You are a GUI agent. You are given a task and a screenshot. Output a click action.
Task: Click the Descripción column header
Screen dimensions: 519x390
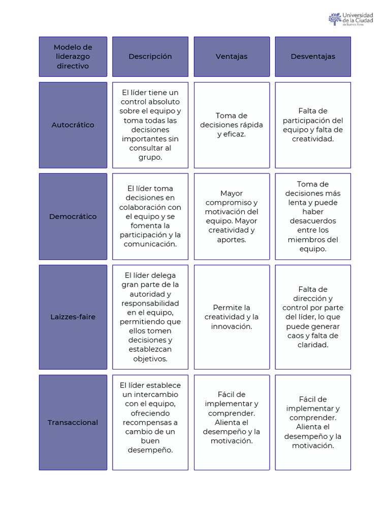pos(150,56)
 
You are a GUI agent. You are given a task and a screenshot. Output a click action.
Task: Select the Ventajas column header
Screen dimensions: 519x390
pos(232,56)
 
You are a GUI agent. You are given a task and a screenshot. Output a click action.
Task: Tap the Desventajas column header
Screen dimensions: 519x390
pos(313,56)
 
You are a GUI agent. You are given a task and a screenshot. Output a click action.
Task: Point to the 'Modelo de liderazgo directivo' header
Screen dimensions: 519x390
pos(73,56)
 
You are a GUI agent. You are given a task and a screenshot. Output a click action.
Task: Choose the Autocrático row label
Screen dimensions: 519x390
pos(73,125)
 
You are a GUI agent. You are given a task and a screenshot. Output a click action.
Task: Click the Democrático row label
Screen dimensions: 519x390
pos(73,216)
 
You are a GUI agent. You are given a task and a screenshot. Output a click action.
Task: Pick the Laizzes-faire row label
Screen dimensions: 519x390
pos(73,317)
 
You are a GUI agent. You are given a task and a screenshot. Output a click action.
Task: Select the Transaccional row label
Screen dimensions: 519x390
pos(73,422)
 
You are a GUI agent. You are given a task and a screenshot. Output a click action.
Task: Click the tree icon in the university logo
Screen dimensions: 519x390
pos(335,19)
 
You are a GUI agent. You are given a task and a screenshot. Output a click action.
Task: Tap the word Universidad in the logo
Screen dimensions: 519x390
pos(358,15)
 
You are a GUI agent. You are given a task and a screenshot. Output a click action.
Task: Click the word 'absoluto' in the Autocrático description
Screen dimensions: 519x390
pos(164,101)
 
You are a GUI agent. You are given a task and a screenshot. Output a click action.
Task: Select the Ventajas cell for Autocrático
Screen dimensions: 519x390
pos(232,125)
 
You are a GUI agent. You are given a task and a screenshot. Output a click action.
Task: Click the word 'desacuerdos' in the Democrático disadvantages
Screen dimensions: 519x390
pos(313,221)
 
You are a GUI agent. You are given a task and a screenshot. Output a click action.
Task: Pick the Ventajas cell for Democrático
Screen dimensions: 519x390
pos(232,216)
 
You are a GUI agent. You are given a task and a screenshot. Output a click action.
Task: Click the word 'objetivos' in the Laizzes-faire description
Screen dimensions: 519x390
pos(150,359)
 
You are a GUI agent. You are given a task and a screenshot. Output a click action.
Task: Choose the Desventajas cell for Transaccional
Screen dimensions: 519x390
pos(313,422)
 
